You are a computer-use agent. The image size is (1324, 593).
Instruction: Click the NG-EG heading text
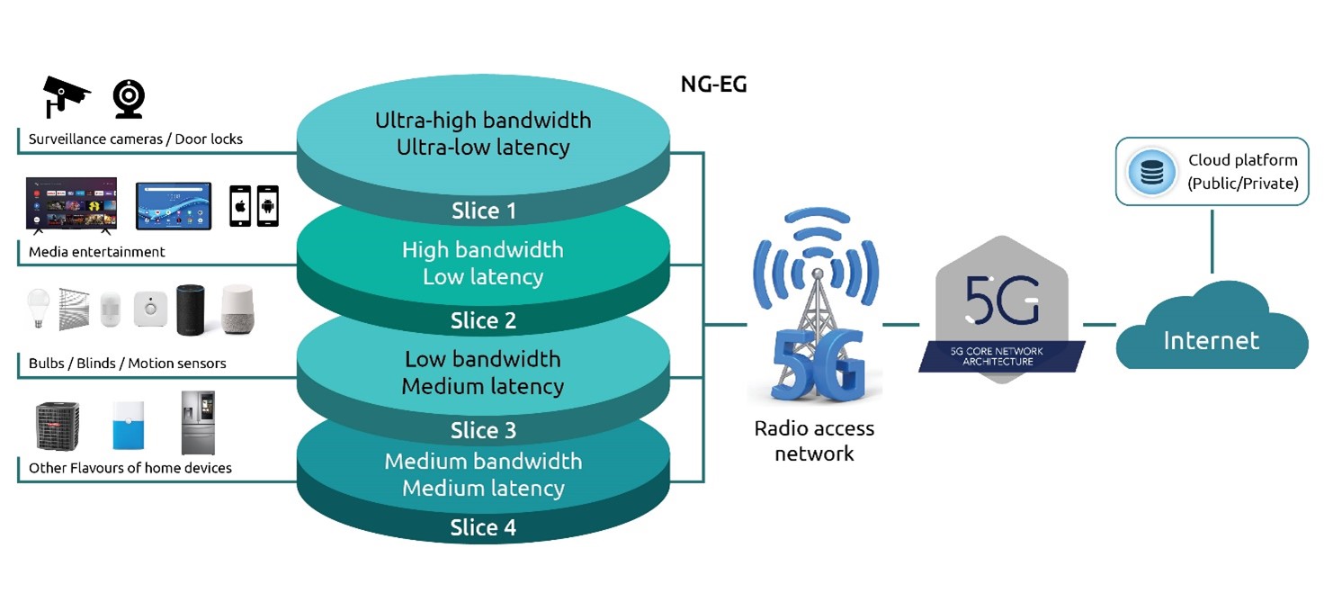tap(713, 85)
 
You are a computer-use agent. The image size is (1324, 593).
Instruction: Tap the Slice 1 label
tap(483, 211)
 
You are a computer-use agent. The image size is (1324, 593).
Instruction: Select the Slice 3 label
tap(483, 431)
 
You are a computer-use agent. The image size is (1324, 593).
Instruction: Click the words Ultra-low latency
tap(483, 147)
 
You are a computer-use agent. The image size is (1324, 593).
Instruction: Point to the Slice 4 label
tap(483, 528)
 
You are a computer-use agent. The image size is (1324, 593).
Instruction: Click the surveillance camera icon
tap(66, 95)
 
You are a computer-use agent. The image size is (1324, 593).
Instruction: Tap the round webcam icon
tap(129, 99)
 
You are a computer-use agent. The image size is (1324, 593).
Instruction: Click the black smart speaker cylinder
tap(191, 310)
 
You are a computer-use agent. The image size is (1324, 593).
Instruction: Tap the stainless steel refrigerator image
tap(198, 422)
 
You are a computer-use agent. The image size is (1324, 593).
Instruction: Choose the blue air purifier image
tap(128, 426)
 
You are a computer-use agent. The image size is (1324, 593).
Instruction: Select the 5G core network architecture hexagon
tap(1002, 310)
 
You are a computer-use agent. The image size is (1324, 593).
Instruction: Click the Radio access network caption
tap(814, 440)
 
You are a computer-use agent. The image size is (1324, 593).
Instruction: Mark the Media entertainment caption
tap(97, 252)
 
